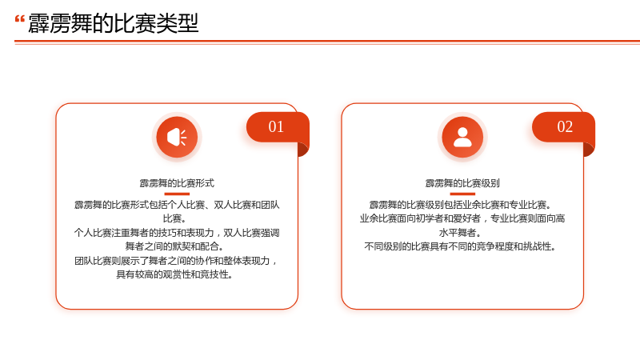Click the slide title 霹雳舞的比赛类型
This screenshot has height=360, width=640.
[113, 23]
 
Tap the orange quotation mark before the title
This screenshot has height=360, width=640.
[19, 19]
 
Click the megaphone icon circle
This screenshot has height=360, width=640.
[177, 137]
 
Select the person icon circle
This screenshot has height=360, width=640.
[462, 137]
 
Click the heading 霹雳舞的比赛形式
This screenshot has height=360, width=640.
[177, 183]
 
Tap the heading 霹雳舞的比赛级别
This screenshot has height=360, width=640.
[462, 183]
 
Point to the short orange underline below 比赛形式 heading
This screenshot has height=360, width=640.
[177, 194]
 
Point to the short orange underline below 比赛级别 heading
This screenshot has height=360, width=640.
[462, 194]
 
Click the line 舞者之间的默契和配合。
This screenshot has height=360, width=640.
[174, 246]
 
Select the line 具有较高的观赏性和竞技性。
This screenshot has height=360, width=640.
[174, 274]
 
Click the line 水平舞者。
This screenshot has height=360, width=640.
[460, 233]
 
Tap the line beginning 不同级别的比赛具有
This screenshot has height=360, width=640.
[460, 246]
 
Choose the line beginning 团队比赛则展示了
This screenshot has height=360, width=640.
[176, 261]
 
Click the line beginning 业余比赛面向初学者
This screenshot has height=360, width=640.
[462, 218]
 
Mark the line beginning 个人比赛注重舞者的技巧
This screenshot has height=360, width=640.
[177, 233]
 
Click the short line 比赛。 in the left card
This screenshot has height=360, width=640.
[174, 218]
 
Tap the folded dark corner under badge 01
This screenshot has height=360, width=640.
[303, 150]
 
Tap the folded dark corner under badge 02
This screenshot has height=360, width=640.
[589, 150]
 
